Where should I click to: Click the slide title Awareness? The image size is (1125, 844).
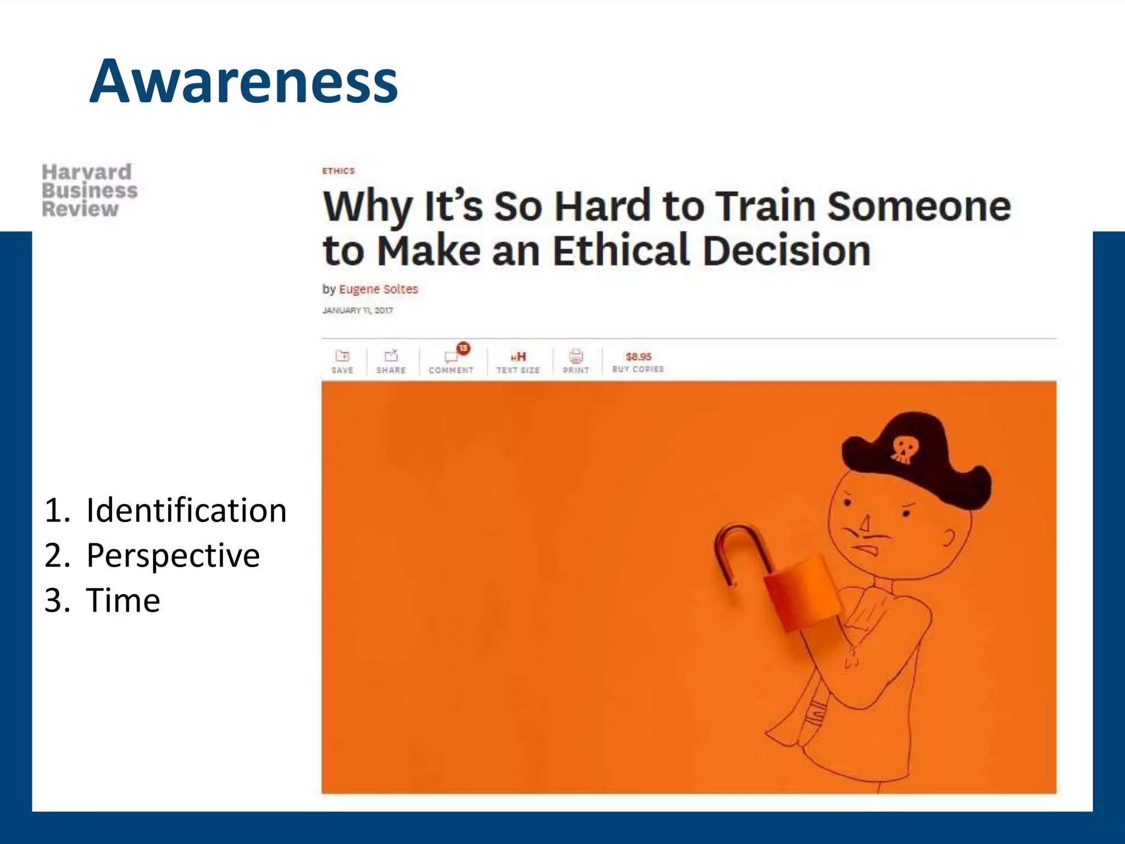click(243, 82)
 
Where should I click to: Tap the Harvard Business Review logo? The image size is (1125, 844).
click(89, 191)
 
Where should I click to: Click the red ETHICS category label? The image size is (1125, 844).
click(338, 171)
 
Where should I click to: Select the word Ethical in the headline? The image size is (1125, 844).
click(620, 251)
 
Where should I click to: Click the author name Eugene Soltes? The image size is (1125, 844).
click(378, 289)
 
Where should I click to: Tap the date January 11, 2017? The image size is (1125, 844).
click(358, 310)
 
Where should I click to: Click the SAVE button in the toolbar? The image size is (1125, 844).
click(342, 362)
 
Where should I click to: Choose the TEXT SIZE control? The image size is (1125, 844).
click(518, 362)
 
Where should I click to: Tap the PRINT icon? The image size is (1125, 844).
click(576, 362)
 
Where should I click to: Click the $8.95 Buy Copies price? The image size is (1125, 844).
click(638, 362)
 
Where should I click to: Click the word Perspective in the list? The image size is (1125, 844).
click(172, 556)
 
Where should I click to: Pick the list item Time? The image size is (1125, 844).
click(122, 600)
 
